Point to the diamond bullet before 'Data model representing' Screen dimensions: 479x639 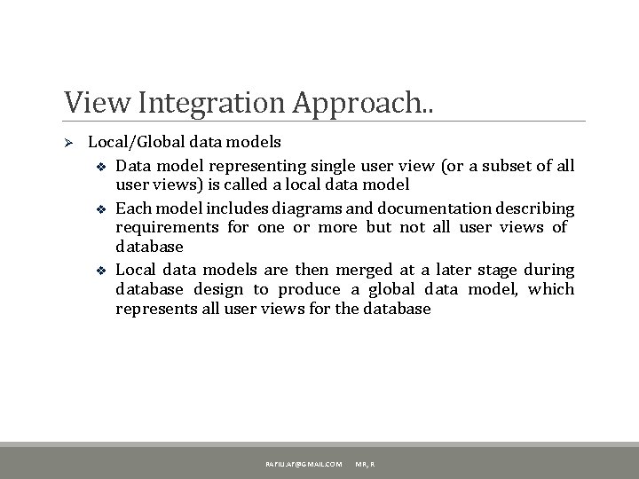pyautogui.click(x=101, y=166)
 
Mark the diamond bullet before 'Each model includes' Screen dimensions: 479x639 pyautogui.click(x=101, y=209)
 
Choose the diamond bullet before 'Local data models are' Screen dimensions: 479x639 pyautogui.click(x=101, y=271)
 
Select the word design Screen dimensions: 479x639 pyautogui.click(x=218, y=289)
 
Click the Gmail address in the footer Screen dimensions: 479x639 pyautogui.click(x=304, y=465)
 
